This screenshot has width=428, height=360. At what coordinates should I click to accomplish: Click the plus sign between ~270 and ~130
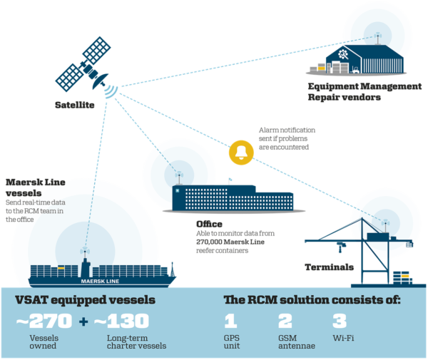(83, 322)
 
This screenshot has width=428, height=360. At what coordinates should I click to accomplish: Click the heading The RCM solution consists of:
(312, 300)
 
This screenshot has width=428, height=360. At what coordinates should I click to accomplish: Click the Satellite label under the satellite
(73, 105)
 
